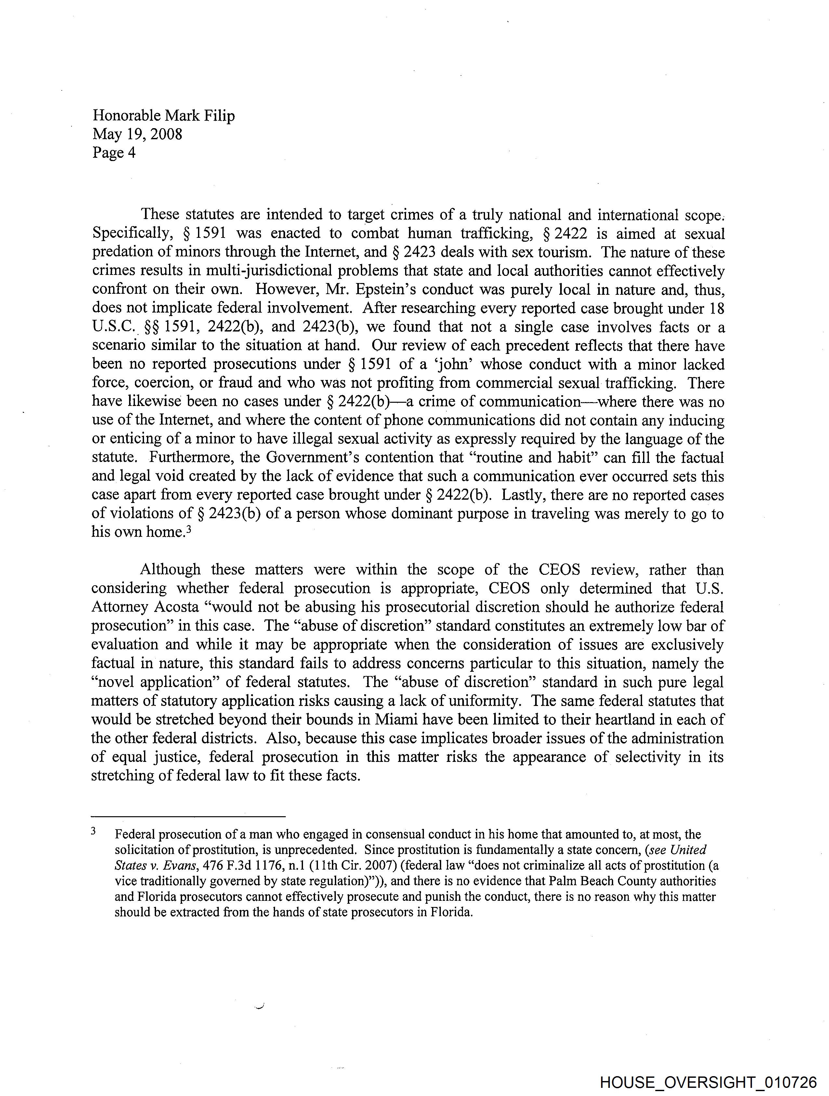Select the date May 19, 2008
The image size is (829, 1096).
point(137,134)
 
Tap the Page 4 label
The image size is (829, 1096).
point(113,152)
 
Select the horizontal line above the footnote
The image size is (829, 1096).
point(189,816)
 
